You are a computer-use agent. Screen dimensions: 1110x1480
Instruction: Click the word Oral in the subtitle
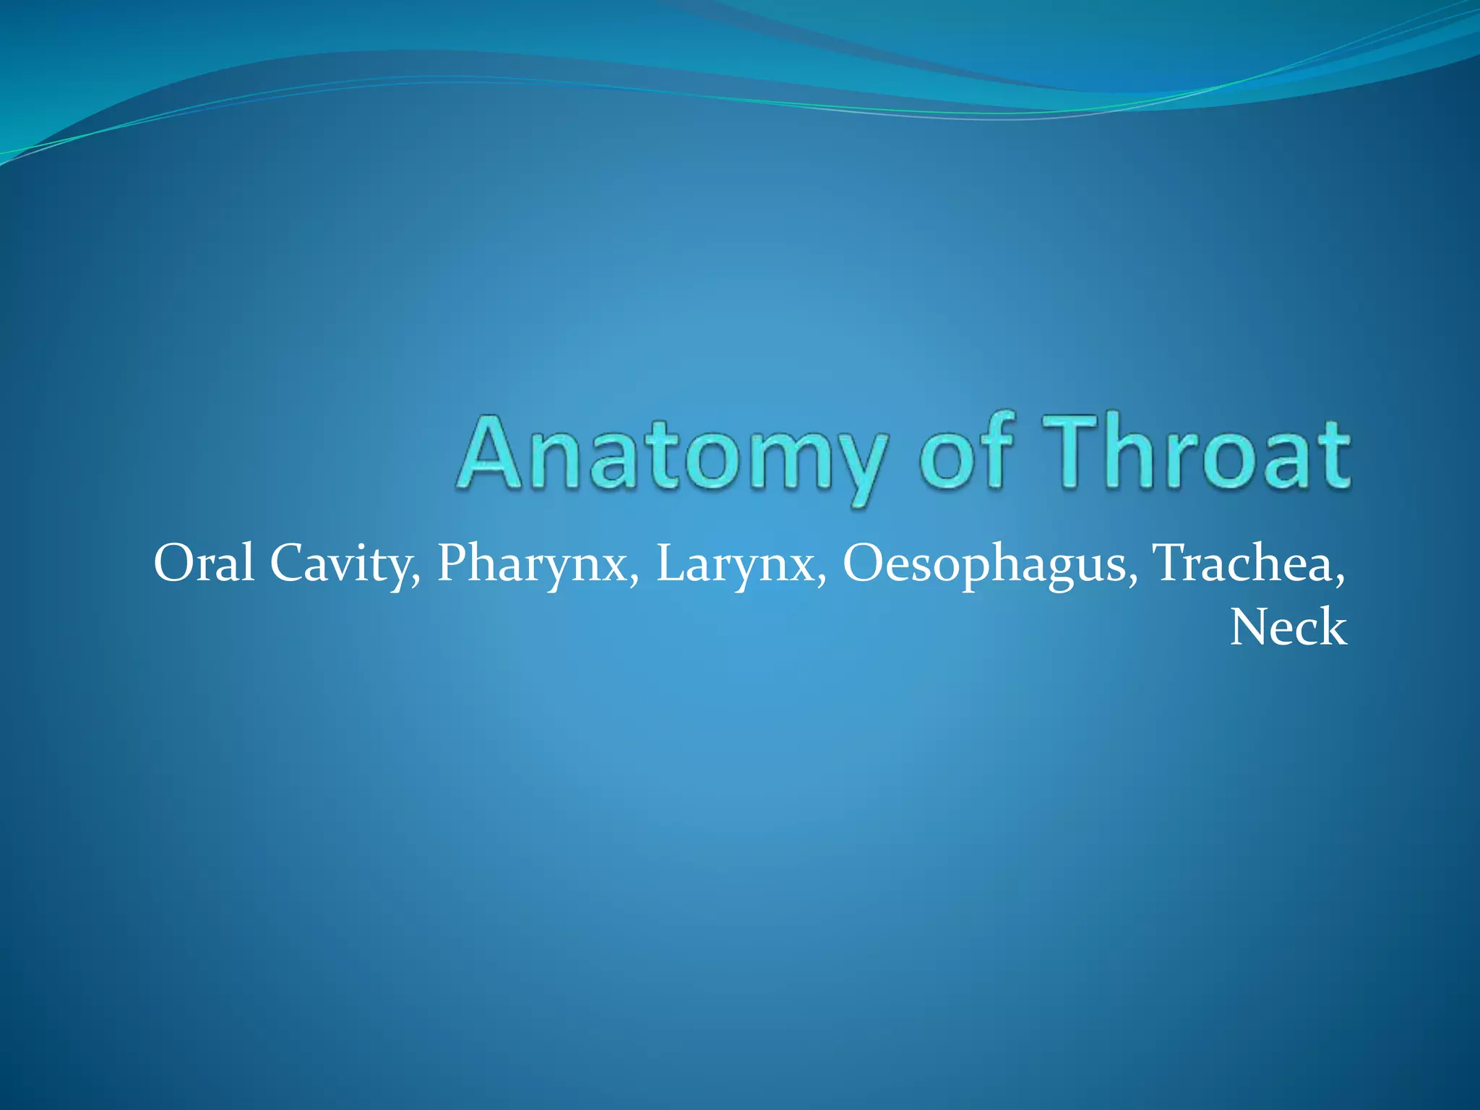204,564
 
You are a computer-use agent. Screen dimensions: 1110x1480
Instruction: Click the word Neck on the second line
1288,627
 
